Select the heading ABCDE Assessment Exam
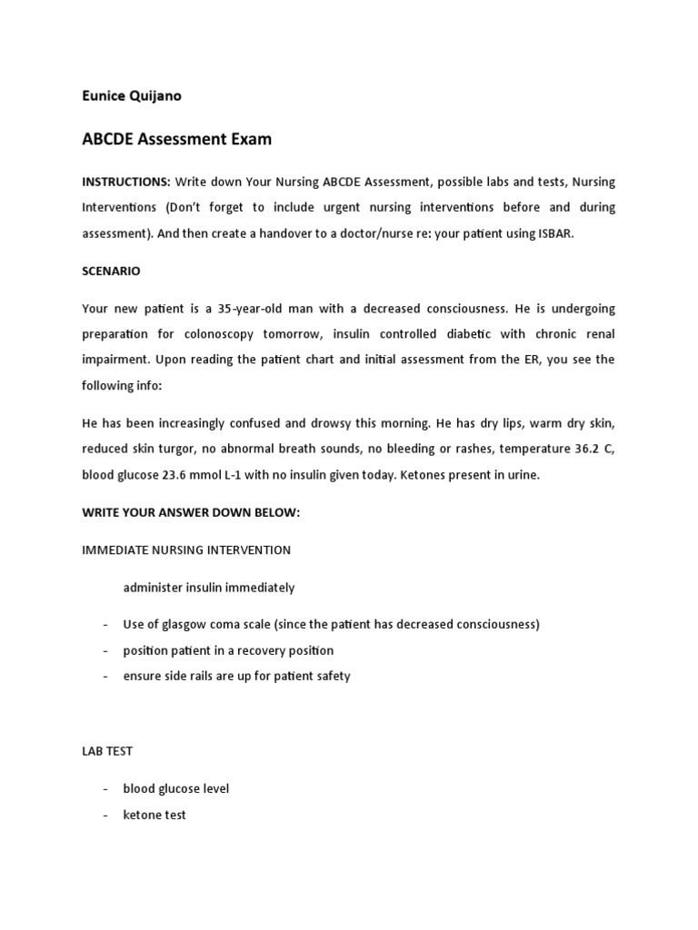[x=176, y=140]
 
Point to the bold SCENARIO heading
[x=111, y=271]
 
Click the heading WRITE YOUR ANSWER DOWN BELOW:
[x=191, y=512]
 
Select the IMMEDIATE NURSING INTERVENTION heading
[x=186, y=549]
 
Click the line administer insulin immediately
[x=209, y=588]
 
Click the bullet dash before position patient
[x=105, y=650]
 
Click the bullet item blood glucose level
[x=183, y=789]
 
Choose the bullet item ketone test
[x=155, y=815]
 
